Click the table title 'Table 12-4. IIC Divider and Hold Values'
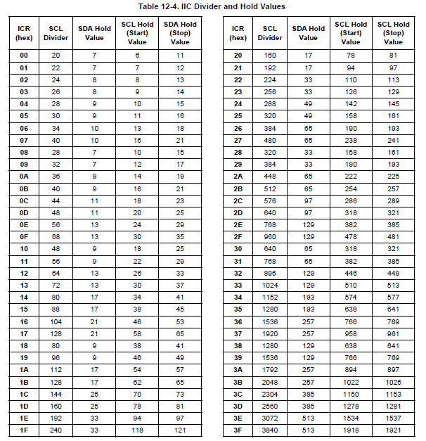[213, 6]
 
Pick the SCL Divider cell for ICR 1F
[56, 429]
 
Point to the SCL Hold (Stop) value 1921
[393, 429]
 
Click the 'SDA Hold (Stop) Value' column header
[180, 32]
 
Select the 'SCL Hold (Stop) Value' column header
[393, 32]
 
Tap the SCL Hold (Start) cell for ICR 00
[137, 55]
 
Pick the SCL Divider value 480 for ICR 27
[271, 141]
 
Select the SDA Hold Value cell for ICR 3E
[309, 417]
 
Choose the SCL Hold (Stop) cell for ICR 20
[393, 55]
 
